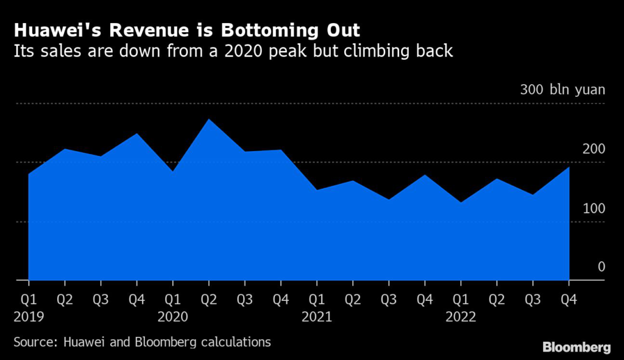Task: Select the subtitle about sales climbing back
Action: tap(233, 51)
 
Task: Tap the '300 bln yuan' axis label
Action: tap(562, 90)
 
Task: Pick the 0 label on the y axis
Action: tap(601, 267)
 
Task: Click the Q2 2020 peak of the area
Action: tap(209, 119)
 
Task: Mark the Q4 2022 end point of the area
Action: tap(569, 168)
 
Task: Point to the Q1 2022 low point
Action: tap(461, 202)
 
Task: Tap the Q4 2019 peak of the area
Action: tap(136, 133)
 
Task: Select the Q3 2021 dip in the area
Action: tap(389, 199)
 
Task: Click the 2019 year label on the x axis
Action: tap(29, 317)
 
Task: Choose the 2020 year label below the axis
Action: tap(173, 317)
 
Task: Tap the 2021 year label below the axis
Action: tap(317, 317)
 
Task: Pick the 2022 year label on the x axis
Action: tap(461, 317)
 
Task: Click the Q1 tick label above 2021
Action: tap(317, 300)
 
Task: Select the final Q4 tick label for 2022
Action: tap(569, 300)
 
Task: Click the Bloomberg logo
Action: tap(576, 348)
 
